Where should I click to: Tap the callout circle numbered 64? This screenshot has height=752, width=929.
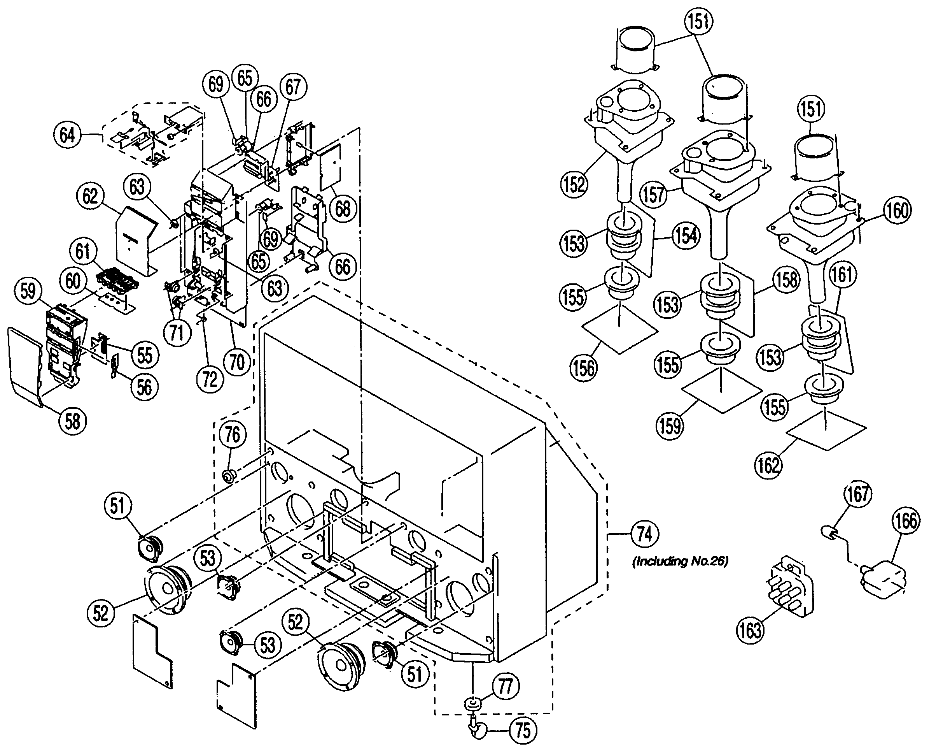pyautogui.click(x=67, y=135)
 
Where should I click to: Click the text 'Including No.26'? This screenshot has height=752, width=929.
pyautogui.click(x=680, y=562)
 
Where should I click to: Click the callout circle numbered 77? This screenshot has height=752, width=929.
pyautogui.click(x=506, y=686)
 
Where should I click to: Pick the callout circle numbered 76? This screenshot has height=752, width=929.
pyautogui.click(x=233, y=434)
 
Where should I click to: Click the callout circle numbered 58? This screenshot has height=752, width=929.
pyautogui.click(x=72, y=420)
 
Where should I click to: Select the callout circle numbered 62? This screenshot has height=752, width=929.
pyautogui.click(x=91, y=197)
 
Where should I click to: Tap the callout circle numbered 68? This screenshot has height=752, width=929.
pyautogui.click(x=343, y=209)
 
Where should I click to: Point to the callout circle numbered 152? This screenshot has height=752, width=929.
pyautogui.click(x=574, y=184)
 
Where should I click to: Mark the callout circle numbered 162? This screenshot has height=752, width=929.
pyautogui.click(x=768, y=466)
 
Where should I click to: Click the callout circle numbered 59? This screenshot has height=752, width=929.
pyautogui.click(x=28, y=291)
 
